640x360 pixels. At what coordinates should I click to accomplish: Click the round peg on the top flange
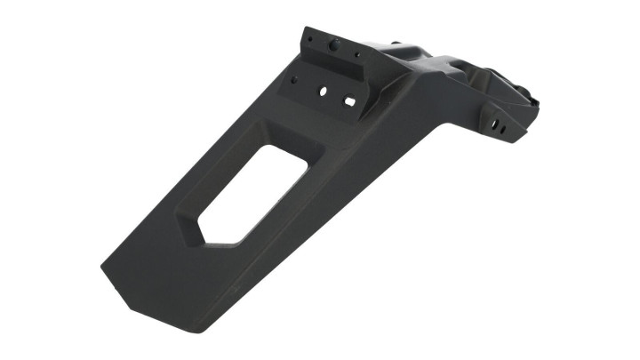(x=334, y=44)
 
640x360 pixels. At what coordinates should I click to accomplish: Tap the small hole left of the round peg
(x=310, y=39)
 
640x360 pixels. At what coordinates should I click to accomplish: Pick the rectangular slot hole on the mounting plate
(x=350, y=101)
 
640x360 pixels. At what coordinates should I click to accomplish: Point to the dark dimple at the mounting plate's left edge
(x=292, y=79)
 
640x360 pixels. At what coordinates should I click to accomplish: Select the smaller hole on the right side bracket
(x=503, y=131)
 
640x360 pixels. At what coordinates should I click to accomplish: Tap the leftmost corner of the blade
(x=101, y=266)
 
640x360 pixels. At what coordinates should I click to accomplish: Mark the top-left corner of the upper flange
(x=304, y=29)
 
